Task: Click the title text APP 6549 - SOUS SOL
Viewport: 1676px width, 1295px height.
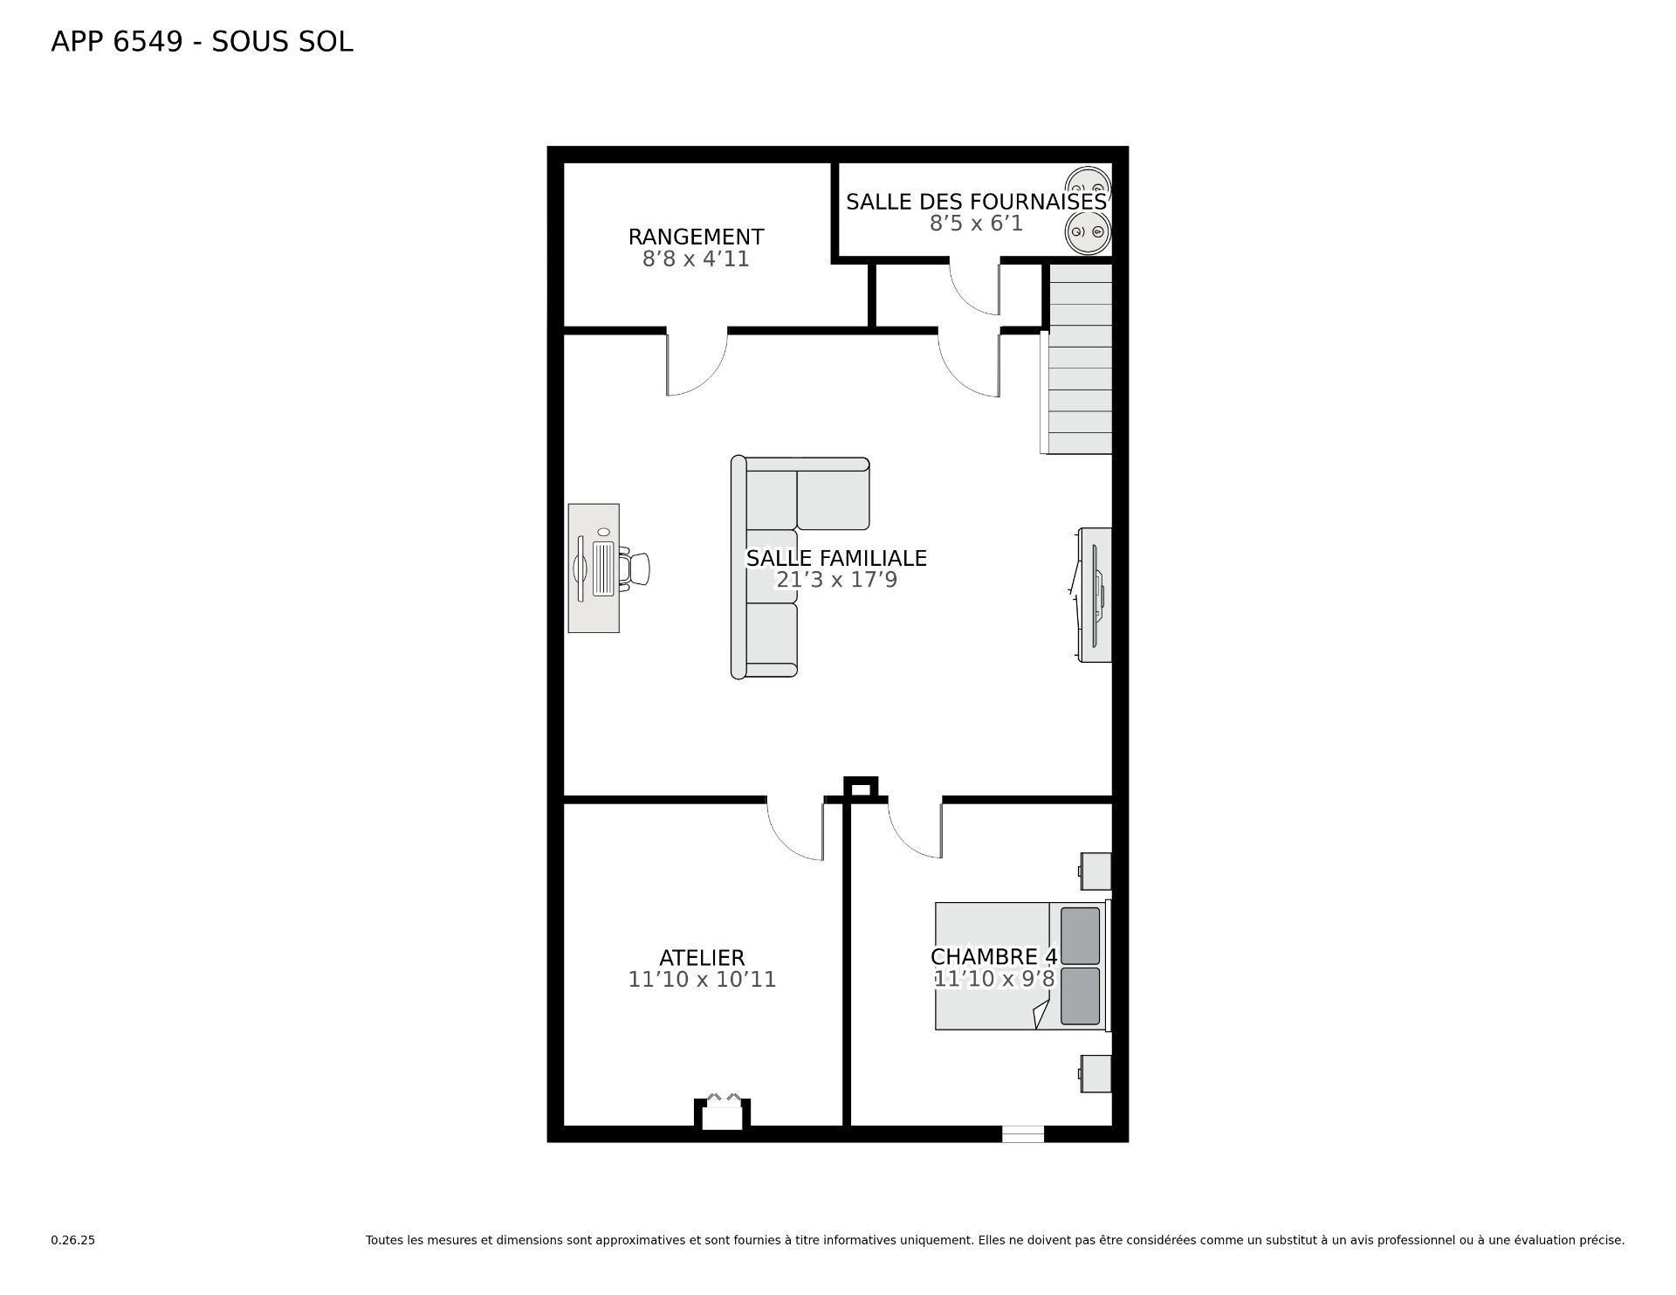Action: [202, 42]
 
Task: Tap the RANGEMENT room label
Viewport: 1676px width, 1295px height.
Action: [696, 237]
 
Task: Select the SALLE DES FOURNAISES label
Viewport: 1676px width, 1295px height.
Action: [976, 202]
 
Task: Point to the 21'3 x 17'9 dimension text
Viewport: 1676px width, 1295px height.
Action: [836, 580]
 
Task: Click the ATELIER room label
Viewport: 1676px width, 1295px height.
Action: [702, 958]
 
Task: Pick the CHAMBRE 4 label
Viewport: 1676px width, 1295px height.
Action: [994, 957]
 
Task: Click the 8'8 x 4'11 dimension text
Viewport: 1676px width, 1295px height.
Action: [696, 259]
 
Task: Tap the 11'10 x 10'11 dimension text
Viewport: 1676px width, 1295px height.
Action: [702, 980]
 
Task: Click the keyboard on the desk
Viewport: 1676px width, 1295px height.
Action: [604, 568]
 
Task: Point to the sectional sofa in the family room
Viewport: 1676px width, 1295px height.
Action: [800, 567]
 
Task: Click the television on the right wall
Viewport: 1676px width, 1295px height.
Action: [1094, 595]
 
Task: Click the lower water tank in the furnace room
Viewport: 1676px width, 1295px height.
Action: [1088, 233]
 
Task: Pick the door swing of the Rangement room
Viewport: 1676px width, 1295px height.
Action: [697, 363]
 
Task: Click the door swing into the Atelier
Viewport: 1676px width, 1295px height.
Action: [795, 829]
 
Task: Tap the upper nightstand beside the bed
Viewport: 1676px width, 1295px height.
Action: [1096, 871]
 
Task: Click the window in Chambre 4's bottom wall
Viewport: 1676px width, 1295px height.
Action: [1022, 1133]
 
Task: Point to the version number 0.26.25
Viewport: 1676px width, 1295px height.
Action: [72, 1240]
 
